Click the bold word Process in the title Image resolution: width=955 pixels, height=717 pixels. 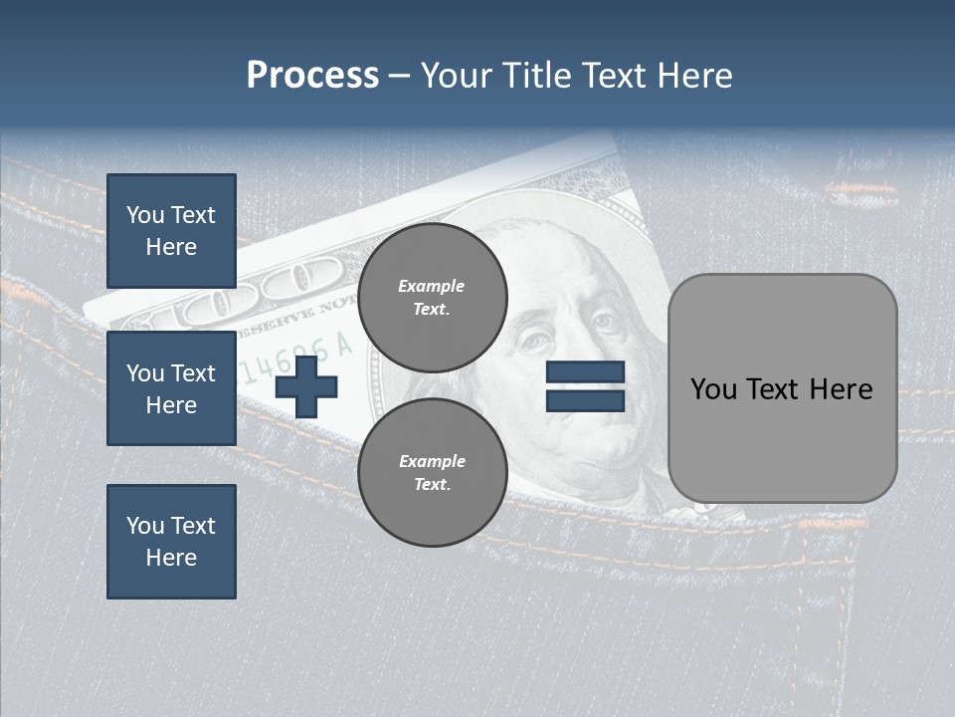tap(312, 76)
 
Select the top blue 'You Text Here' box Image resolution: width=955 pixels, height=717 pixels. tap(171, 231)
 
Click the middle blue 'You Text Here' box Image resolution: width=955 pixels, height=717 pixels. tap(171, 388)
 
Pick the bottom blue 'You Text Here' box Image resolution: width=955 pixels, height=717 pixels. tap(171, 541)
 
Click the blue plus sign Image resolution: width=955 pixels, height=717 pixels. tap(306, 387)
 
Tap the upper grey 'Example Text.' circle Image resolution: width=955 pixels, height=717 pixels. tap(432, 297)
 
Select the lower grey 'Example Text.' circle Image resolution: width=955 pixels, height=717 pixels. tap(432, 472)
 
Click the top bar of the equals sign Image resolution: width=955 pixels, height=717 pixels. tap(585, 372)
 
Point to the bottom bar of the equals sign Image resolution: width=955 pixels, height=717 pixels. tap(585, 400)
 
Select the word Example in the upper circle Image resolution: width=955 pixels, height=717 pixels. tap(432, 286)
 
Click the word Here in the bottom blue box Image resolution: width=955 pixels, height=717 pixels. tap(171, 558)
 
